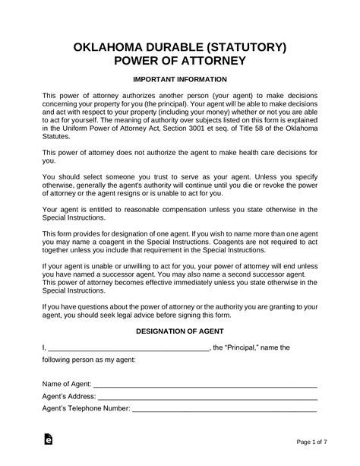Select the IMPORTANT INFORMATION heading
[x=180, y=80]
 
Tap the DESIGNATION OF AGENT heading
[x=180, y=331]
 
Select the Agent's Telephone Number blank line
[x=225, y=410]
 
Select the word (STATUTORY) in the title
[x=242, y=47]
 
